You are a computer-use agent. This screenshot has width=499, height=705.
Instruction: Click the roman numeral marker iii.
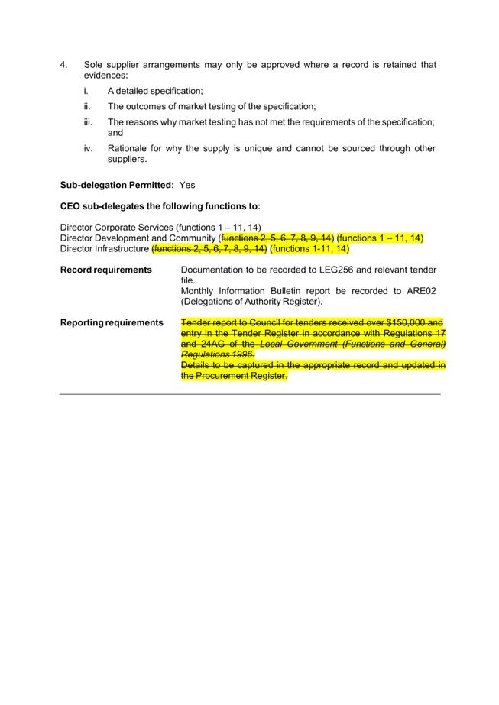pyautogui.click(x=88, y=122)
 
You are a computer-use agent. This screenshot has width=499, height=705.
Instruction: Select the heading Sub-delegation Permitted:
pyautogui.click(x=117, y=185)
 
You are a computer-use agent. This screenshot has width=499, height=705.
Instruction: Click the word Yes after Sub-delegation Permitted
pyautogui.click(x=187, y=185)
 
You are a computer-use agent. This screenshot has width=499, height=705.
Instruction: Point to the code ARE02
pyautogui.click(x=423, y=291)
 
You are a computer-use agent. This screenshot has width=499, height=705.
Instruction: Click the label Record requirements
pyautogui.click(x=105, y=270)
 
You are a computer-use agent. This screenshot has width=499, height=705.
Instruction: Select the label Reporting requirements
pyautogui.click(x=112, y=322)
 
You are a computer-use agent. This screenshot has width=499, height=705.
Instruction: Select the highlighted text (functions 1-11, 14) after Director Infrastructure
pyautogui.click(x=309, y=249)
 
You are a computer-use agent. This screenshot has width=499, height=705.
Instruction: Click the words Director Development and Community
pyautogui.click(x=137, y=238)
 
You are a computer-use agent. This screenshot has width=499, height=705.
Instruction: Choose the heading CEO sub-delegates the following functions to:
pyautogui.click(x=160, y=206)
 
